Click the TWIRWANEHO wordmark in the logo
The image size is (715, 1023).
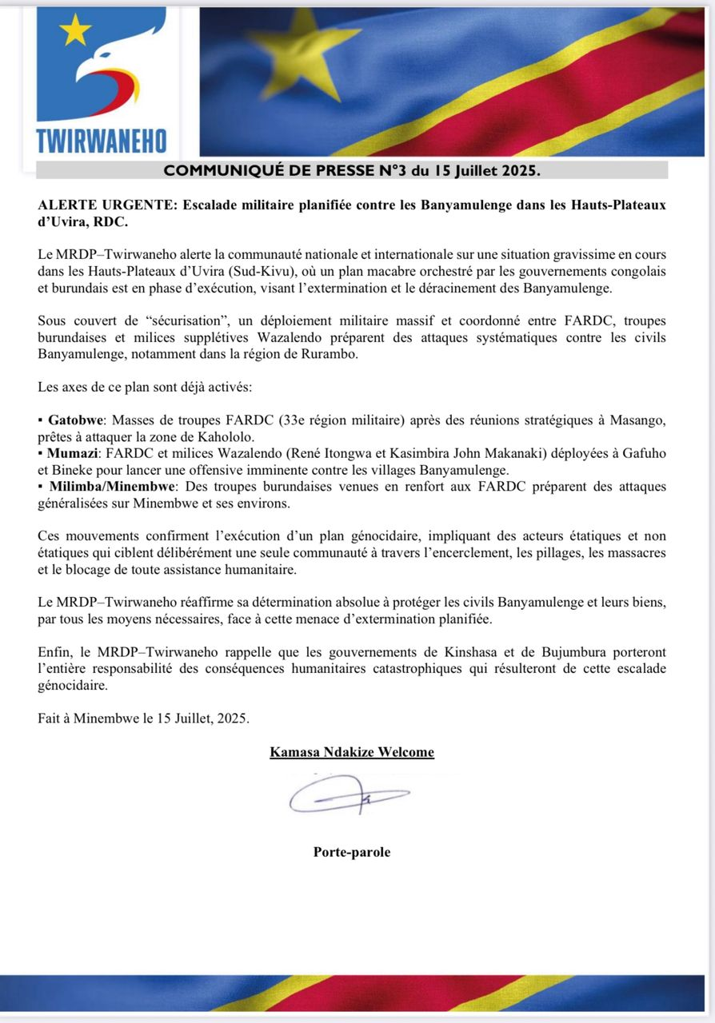(x=102, y=141)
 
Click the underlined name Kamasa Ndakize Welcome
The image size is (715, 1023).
(x=352, y=751)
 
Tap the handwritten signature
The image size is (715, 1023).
(x=348, y=795)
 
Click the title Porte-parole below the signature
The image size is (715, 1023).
(x=352, y=852)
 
